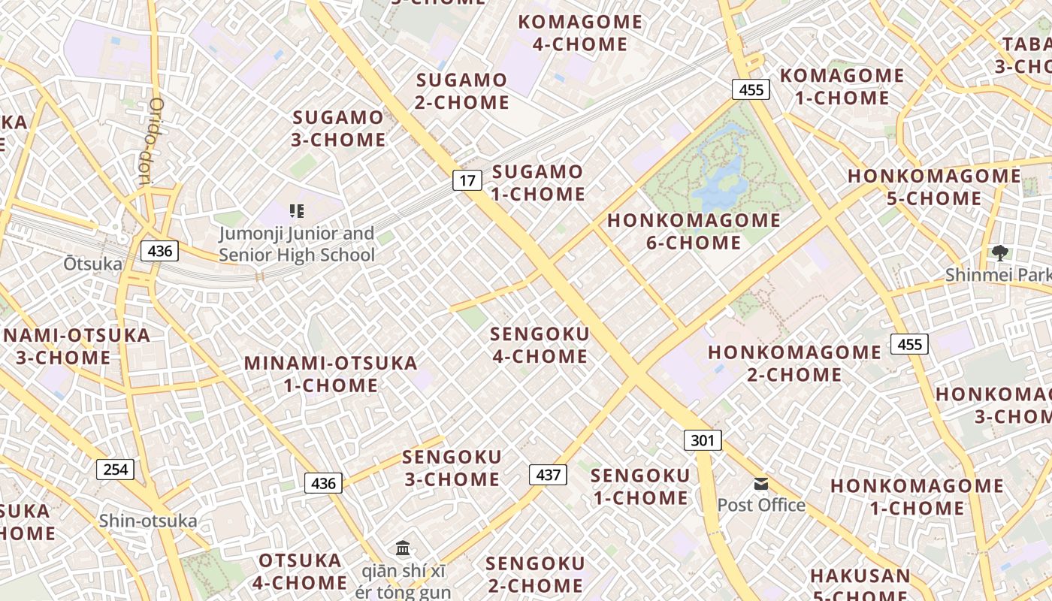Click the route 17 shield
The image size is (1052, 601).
(x=467, y=180)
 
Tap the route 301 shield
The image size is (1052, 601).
(x=703, y=440)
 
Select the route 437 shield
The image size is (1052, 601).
(x=549, y=475)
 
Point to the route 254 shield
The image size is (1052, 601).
(x=115, y=470)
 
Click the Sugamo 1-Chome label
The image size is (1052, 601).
(x=538, y=183)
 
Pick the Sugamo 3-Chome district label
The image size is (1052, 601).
(x=339, y=128)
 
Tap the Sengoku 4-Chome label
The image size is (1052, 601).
(x=540, y=345)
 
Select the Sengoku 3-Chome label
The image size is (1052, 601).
(x=452, y=468)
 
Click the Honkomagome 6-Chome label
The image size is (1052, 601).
(x=694, y=231)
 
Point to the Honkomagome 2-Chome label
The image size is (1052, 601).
(x=794, y=363)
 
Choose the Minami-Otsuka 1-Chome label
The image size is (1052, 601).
(x=331, y=374)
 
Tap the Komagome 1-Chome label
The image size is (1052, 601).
(x=842, y=86)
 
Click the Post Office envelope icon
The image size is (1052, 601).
(x=761, y=484)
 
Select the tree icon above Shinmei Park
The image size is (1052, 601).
(x=999, y=253)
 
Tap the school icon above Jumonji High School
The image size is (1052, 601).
(x=296, y=211)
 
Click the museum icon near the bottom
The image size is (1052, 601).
(x=403, y=548)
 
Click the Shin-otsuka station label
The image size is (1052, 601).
(x=148, y=521)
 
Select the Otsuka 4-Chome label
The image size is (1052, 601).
(x=301, y=572)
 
